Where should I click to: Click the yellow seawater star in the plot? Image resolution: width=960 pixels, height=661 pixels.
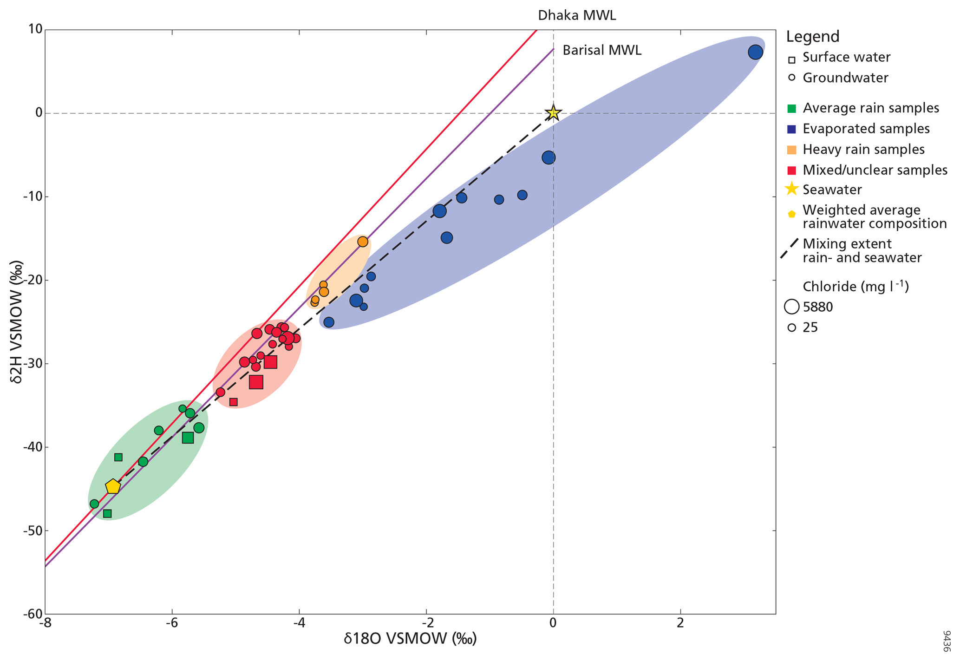click(x=553, y=112)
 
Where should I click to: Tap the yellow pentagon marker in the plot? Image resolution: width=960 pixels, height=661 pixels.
click(x=113, y=487)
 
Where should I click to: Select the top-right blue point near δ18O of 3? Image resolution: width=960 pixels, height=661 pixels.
click(x=755, y=52)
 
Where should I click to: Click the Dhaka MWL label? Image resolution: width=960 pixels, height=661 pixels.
click(x=576, y=15)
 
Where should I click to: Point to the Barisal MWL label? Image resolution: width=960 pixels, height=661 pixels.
click(x=601, y=50)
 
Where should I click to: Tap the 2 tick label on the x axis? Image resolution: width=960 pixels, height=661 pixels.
click(x=680, y=623)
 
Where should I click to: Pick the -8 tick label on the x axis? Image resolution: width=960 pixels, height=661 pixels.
click(x=45, y=623)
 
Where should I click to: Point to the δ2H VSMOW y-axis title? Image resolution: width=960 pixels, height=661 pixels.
click(x=18, y=327)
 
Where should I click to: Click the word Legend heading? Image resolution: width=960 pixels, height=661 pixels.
click(x=812, y=36)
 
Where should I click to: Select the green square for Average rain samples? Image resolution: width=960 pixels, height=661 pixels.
click(x=792, y=109)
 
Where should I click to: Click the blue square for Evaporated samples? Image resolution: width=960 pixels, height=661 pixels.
click(x=792, y=129)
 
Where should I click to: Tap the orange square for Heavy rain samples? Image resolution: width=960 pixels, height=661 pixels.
click(x=792, y=150)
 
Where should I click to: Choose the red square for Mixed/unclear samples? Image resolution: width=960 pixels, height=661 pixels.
click(x=792, y=170)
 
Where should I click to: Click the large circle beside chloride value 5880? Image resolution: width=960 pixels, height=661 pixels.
click(x=791, y=307)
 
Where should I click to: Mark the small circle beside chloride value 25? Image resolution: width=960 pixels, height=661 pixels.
click(x=791, y=327)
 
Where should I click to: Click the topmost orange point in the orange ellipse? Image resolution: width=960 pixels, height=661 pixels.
click(x=362, y=242)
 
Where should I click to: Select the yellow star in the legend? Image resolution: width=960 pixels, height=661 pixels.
click(x=791, y=189)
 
